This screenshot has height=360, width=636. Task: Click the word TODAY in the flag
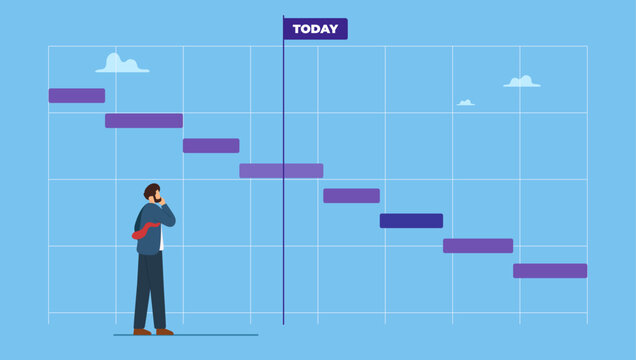[x=315, y=29]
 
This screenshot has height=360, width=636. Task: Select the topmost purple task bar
[x=77, y=96]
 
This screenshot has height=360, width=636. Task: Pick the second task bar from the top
[x=144, y=121]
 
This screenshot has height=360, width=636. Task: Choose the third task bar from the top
[x=211, y=146]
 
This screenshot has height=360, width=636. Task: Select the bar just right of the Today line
[x=351, y=196]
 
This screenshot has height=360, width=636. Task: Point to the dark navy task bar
[x=411, y=221]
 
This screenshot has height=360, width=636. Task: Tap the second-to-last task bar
[x=478, y=246]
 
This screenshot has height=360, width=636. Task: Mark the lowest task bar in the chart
[x=550, y=271]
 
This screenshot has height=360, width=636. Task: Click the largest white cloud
[x=122, y=65]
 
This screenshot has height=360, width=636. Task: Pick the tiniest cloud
[x=466, y=102]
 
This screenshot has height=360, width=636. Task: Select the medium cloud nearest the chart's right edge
[x=522, y=82]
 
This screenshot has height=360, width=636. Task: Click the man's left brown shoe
[x=142, y=331]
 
